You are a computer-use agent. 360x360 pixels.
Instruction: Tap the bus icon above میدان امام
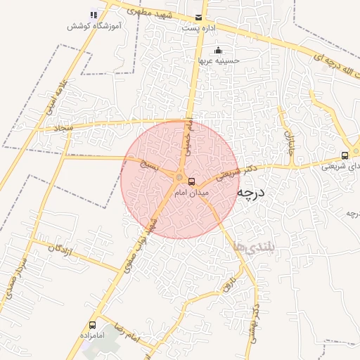192,182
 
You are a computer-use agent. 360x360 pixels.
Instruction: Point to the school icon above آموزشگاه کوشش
94,15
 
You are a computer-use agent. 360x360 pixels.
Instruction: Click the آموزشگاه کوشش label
92,26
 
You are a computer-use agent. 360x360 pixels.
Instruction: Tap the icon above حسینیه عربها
219,50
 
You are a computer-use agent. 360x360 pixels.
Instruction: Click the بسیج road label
148,166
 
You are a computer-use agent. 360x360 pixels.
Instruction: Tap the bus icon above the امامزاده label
92,325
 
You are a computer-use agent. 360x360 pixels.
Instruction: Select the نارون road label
229,287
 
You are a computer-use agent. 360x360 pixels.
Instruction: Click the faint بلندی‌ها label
250,245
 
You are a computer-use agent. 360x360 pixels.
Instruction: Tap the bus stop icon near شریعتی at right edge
345,156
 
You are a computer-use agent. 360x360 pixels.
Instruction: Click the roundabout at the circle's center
180,178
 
